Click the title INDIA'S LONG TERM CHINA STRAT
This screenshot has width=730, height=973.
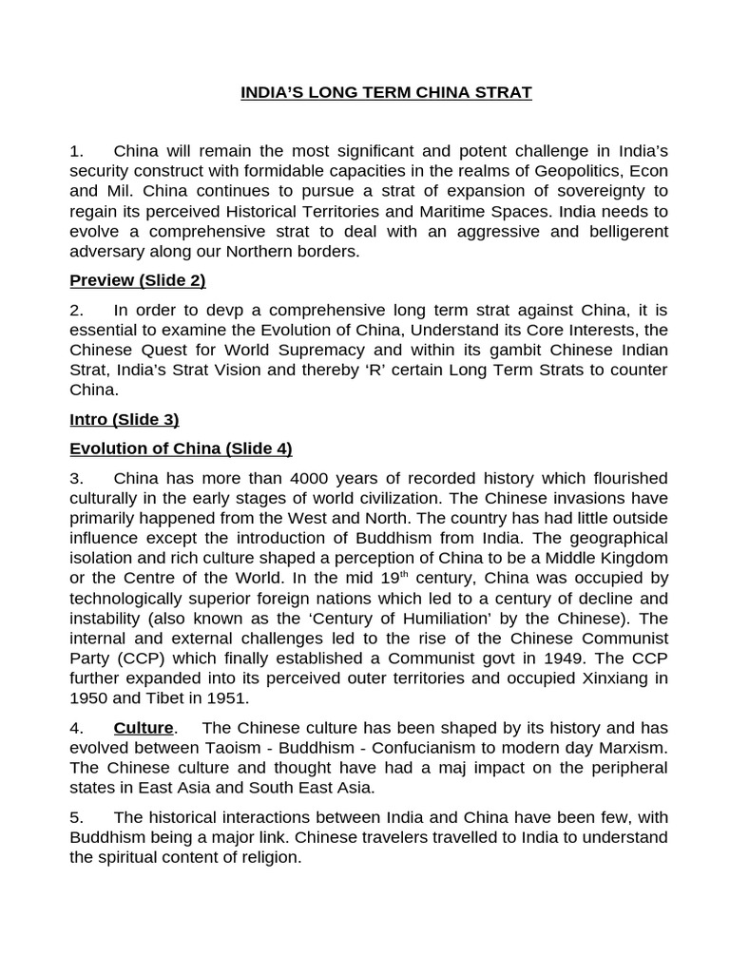pos(386,92)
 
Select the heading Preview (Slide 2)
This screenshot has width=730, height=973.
pos(138,280)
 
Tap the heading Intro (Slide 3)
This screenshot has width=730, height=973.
pos(125,419)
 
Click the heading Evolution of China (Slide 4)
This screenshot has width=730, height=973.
pos(181,448)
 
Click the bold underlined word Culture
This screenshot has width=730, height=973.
pos(144,728)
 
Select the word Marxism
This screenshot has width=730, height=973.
pos(630,748)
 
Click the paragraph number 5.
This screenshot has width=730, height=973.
pos(76,817)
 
